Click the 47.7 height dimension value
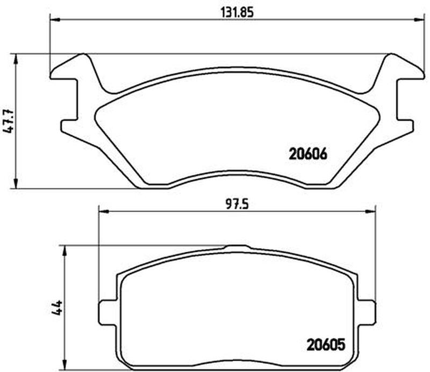tap(9, 121)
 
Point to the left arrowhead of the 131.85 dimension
tap(54, 20)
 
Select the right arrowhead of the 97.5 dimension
tap(370, 211)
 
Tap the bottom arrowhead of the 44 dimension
tap(65, 366)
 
